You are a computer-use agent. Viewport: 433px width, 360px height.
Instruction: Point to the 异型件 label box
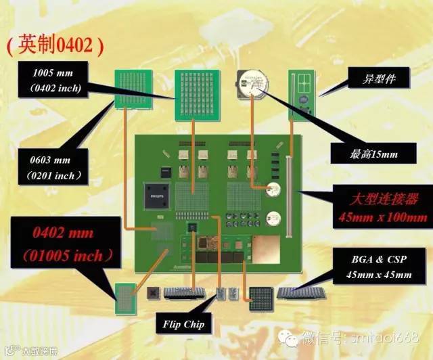pos(380,80)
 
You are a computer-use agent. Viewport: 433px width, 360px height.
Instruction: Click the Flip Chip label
pos(183,324)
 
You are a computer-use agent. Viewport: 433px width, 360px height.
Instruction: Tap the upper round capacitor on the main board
pos(274,192)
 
